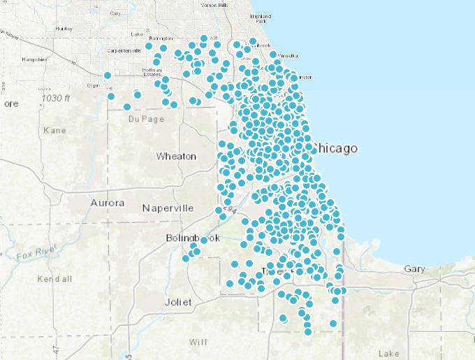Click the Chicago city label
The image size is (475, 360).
[337, 148]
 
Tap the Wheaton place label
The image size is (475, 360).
[176, 156]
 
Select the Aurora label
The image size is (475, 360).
[107, 203]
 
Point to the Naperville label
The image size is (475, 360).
[168, 208]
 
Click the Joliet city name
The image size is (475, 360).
[177, 303]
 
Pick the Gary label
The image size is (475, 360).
[414, 269]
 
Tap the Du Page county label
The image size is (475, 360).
[145, 119]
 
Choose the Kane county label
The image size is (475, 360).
[54, 131]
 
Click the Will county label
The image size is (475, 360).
[198, 342]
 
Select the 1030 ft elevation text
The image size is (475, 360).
[57, 99]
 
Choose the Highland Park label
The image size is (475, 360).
[261, 18]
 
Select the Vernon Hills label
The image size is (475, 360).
[214, 5]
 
